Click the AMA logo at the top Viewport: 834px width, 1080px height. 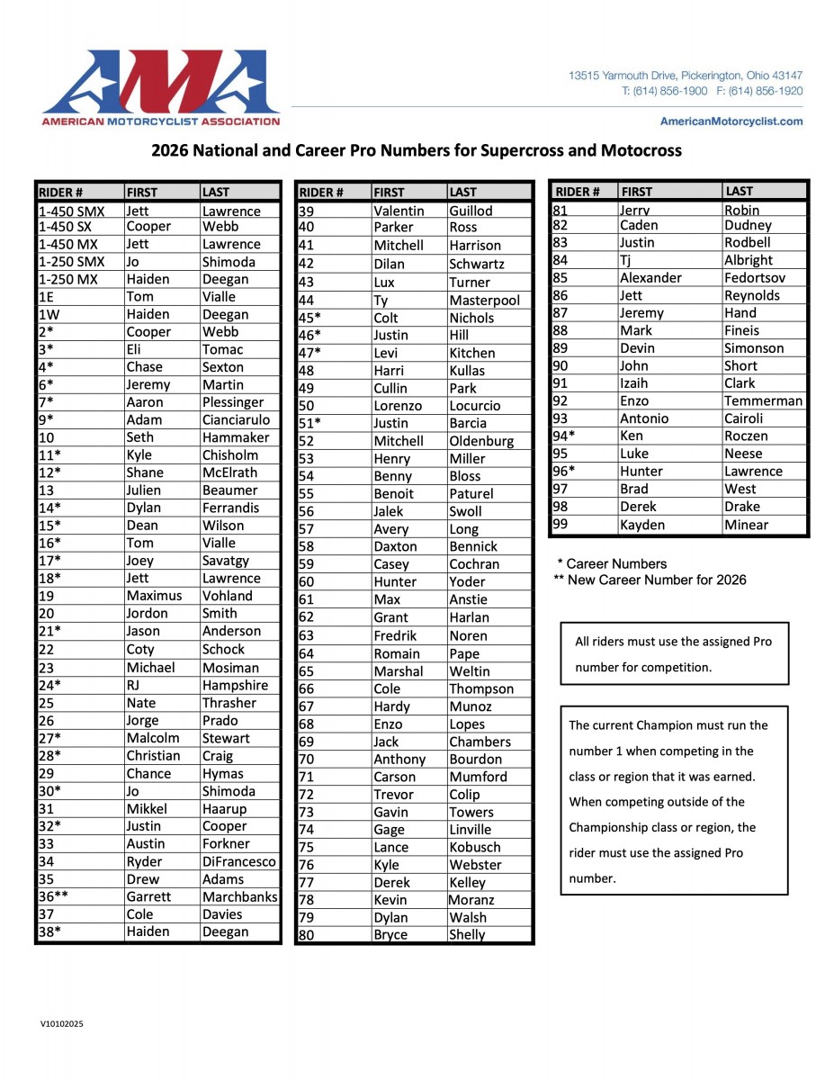tap(160, 87)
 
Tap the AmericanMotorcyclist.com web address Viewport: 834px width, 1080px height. tap(731, 121)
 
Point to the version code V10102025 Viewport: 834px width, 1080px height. tap(61, 1023)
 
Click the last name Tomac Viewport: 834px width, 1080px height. tap(222, 349)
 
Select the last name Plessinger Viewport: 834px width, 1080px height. tap(233, 402)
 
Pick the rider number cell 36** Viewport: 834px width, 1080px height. tap(54, 896)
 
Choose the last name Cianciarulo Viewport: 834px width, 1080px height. tap(239, 419)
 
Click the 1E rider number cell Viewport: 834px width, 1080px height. tap(47, 296)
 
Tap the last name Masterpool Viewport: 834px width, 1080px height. tap(484, 300)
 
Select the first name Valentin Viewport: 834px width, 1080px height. tap(399, 211)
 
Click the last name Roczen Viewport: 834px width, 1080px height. tap(746, 436)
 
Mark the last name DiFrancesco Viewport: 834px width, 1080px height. tap(239, 861)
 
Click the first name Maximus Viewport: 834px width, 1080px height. tap(154, 596)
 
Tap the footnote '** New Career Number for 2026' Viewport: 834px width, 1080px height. tap(650, 580)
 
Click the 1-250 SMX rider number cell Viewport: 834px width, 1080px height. tap(72, 262)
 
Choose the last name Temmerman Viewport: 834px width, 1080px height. tap(763, 400)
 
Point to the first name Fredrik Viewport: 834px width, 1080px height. tap(395, 635)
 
